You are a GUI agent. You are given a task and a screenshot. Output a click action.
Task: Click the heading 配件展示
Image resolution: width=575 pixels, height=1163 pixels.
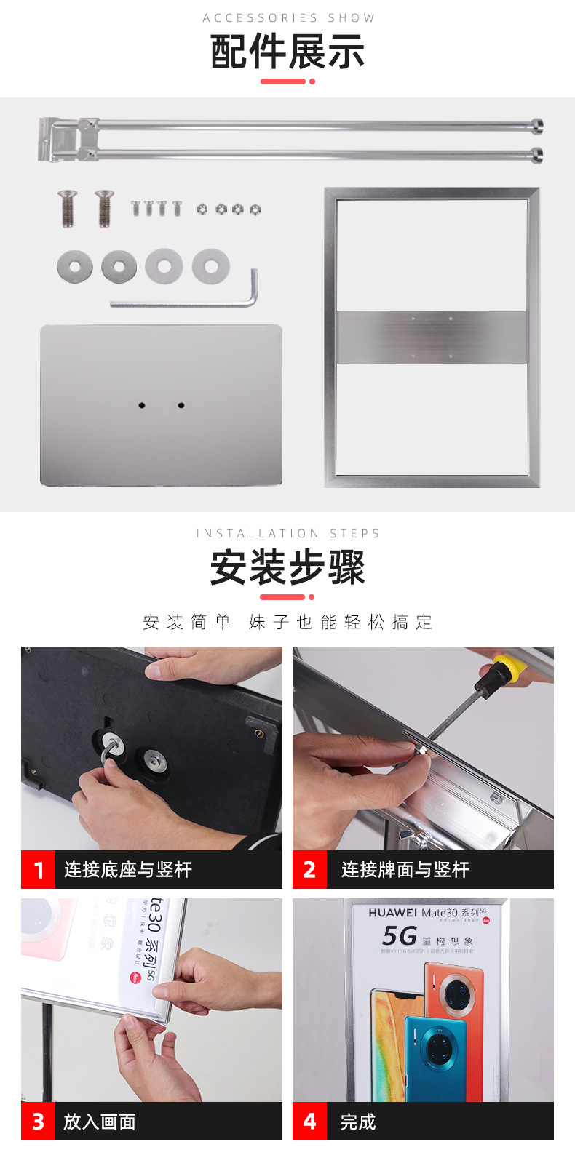point(287,52)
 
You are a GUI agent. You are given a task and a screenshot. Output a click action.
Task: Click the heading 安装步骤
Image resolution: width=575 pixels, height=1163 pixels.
point(287,567)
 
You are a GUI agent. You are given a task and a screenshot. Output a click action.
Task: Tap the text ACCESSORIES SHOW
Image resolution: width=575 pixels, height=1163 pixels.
point(288,18)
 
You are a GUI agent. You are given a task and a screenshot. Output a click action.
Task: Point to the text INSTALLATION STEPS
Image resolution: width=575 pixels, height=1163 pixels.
point(288,533)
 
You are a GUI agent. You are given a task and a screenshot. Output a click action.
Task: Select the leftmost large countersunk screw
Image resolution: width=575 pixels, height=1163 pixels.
point(68,208)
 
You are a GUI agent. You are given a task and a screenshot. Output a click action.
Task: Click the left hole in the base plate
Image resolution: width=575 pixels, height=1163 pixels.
point(142,405)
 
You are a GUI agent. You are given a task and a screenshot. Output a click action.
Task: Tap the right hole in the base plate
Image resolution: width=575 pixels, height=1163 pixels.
point(181,405)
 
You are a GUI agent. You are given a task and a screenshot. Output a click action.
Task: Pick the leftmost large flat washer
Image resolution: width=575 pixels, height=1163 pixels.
point(75,267)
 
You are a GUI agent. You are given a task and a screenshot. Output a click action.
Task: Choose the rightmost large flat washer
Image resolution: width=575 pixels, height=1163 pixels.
point(210,266)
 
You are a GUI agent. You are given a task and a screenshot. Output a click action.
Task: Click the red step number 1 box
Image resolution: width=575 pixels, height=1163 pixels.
point(39,870)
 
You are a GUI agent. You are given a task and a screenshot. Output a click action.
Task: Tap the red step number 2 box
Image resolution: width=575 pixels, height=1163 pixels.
point(310,870)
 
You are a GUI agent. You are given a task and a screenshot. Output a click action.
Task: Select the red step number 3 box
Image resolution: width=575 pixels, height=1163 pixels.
point(39,1122)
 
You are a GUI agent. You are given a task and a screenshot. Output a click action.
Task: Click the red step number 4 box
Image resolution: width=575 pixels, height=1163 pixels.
point(310,1122)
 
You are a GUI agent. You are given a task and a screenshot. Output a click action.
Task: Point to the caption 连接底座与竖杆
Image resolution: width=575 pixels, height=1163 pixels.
point(128,870)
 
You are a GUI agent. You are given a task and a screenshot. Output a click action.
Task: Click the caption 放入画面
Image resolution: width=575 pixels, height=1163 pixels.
point(100,1122)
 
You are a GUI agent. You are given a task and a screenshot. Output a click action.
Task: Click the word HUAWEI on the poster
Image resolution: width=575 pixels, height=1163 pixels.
point(393,913)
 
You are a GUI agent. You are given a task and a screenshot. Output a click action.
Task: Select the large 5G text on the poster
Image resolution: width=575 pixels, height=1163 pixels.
point(400,935)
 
